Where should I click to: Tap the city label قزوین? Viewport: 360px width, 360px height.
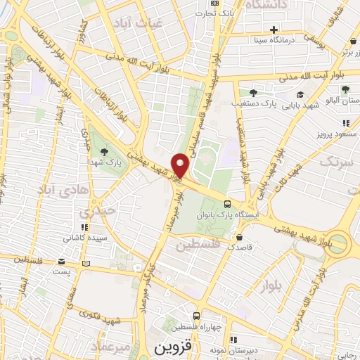coord(174,347)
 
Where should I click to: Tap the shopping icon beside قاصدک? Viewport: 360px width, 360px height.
coord(240,238)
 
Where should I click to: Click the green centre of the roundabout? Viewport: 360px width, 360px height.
coord(338,244)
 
